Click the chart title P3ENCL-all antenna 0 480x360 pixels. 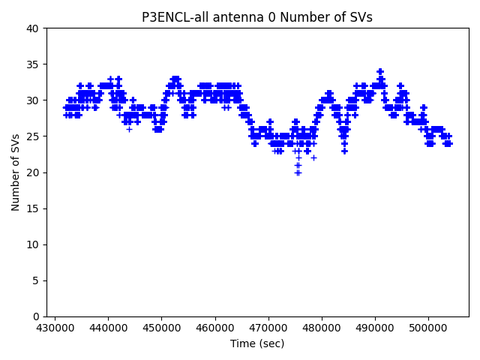point(257,17)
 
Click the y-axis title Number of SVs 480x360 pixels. point(16,172)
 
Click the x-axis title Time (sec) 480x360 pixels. point(257,343)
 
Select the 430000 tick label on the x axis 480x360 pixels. point(55,328)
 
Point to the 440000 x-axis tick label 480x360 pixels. point(108,328)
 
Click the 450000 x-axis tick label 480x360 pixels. point(161,328)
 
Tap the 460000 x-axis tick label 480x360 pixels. point(215,328)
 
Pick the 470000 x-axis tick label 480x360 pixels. point(268,328)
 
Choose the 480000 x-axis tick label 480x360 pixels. point(322,328)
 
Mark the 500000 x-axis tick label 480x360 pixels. point(429,328)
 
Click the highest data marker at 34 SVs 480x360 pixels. point(380,72)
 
